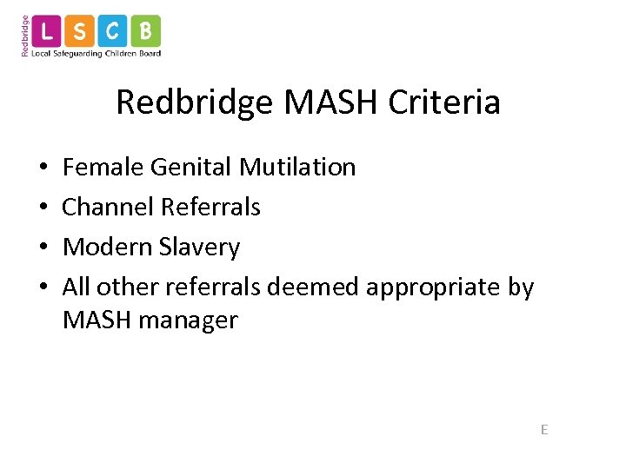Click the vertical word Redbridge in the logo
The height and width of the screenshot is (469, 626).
25,35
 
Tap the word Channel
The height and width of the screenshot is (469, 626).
108,207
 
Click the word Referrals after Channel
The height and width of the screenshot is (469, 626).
210,207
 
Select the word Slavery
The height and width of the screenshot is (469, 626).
201,247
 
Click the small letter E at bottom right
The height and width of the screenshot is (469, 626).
544,429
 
